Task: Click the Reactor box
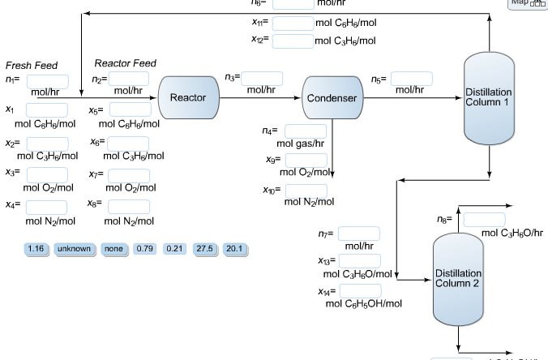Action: [188, 97]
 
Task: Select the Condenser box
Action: [331, 98]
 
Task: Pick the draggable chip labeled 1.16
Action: [36, 248]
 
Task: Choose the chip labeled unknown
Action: [74, 248]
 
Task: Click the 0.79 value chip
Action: [144, 248]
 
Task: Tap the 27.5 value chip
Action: [203, 248]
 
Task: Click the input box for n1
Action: [47, 81]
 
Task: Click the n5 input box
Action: [411, 79]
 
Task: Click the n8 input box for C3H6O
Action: [483, 220]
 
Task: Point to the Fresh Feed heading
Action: [32, 65]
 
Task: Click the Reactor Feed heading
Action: [125, 63]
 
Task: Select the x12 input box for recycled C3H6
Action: [292, 40]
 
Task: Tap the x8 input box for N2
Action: [128, 206]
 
